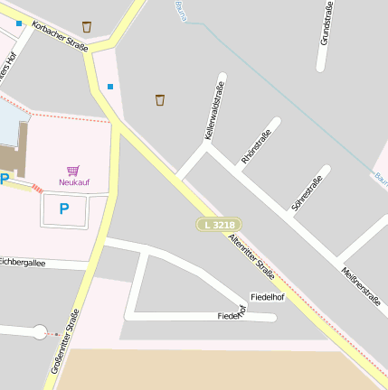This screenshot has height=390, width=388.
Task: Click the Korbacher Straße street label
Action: click(59, 35)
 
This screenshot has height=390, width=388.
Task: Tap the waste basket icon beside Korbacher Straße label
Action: click(87, 26)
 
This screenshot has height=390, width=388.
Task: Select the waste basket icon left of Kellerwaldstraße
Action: click(160, 98)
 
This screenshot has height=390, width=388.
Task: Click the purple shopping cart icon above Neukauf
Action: click(72, 170)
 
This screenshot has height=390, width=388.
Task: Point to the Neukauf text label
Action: click(73, 182)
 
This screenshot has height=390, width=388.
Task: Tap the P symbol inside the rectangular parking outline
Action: click(63, 209)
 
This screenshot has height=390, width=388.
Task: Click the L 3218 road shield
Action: click(221, 224)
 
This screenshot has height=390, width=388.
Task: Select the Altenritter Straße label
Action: click(252, 255)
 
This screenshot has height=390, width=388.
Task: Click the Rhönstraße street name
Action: click(256, 147)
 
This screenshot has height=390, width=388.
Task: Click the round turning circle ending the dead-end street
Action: click(39, 332)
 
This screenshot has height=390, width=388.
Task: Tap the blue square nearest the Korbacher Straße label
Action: click(19, 23)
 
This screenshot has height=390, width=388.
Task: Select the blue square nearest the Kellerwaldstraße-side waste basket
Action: click(110, 87)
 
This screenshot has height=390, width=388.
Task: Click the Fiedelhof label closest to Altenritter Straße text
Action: click(267, 297)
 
